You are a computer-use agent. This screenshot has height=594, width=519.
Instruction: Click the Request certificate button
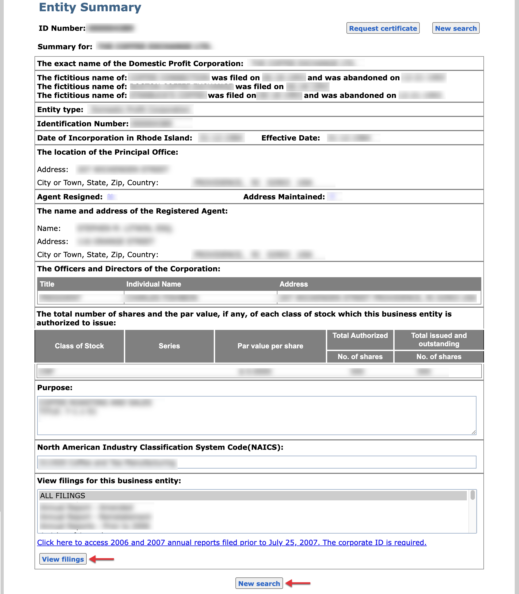[x=383, y=28]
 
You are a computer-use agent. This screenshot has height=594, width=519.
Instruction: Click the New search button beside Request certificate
[x=456, y=28]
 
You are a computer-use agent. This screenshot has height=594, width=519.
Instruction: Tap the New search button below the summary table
[x=259, y=583]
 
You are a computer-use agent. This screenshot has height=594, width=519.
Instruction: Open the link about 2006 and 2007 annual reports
[x=232, y=542]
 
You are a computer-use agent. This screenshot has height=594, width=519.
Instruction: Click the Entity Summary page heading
[x=90, y=7]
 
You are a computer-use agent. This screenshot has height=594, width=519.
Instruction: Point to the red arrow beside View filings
[x=102, y=559]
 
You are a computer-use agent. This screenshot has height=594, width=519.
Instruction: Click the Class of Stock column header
[x=79, y=346]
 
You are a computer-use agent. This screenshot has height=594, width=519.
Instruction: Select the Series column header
[x=169, y=346]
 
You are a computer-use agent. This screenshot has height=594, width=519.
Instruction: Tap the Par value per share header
[x=270, y=346]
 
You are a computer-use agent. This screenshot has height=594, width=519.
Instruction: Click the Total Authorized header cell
[x=360, y=336]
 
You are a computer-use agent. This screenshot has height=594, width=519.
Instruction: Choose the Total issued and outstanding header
[x=439, y=340]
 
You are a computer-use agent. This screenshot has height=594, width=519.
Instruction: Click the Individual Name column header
[x=154, y=284]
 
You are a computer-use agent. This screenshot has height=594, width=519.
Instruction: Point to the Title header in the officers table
[x=47, y=284]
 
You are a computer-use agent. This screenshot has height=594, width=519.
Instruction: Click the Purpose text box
[x=257, y=416]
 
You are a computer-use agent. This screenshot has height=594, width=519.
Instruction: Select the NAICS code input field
[x=257, y=462]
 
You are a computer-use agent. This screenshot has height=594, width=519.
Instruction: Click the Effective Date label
[x=291, y=138]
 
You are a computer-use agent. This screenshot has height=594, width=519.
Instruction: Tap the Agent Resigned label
[x=70, y=197]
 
